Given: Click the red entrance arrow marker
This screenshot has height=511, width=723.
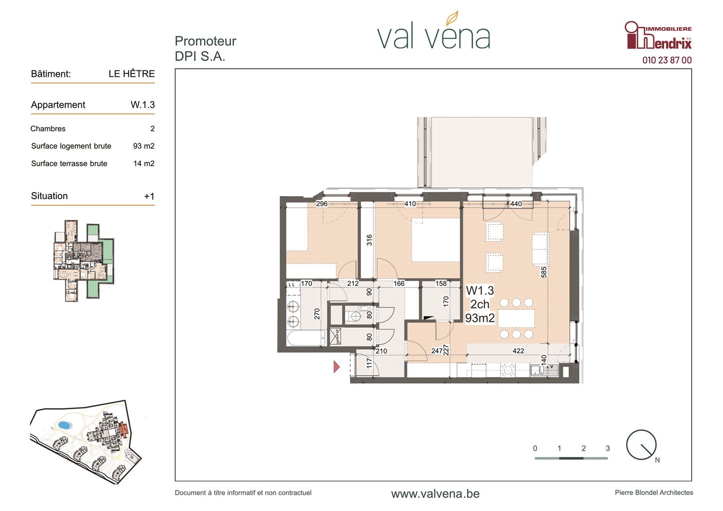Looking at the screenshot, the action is tap(337, 367).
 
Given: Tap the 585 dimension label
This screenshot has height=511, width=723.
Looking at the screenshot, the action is tap(544, 272).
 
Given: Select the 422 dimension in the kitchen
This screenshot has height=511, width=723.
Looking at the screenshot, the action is tap(518, 351).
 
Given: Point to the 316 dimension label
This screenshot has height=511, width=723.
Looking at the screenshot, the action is tap(369, 240).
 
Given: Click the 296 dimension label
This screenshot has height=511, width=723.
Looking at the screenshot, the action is tap(322, 204).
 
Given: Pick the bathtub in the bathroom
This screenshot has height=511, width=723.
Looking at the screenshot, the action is tap(306, 338).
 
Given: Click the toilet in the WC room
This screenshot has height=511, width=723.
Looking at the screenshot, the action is tap(354, 316).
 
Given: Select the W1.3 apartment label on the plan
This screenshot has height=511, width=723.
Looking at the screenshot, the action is tap(480, 290).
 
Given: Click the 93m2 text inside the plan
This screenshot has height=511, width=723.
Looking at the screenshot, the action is tap(480, 318).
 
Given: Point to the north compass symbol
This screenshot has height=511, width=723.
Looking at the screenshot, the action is tap(642, 445).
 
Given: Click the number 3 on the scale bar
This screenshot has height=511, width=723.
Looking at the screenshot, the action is tap(608, 449).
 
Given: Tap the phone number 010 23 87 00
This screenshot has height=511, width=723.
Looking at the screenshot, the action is tap(667, 60).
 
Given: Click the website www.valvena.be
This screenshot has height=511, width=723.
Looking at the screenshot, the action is tap(435, 494).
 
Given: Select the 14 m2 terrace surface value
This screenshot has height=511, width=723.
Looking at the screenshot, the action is tap(144, 163).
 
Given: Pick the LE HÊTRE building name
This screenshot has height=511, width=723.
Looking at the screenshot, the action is tap(132, 73).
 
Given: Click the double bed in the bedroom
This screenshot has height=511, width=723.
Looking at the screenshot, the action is tap(435, 240).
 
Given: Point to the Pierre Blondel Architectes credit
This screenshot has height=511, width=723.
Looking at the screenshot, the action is tap(654, 493).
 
